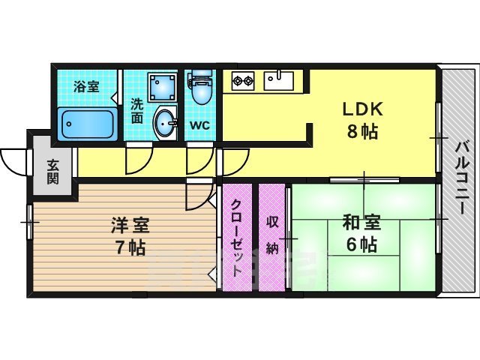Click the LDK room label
pyautogui.click(x=362, y=109)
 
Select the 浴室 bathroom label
pyautogui.click(x=85, y=86)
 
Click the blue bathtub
pyautogui.click(x=85, y=122)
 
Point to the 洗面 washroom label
pyautogui.click(x=137, y=111)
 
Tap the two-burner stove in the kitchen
pyautogui.click(x=244, y=78)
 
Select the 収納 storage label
pyautogui.click(x=272, y=235)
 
